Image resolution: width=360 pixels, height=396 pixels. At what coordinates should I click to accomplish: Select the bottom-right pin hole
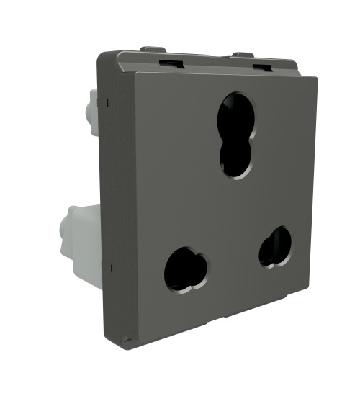click(x=275, y=247)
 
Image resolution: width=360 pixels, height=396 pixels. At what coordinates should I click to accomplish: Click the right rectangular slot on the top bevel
click(x=262, y=68)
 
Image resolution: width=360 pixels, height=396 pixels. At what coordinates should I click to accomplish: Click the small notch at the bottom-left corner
click(x=127, y=338)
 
